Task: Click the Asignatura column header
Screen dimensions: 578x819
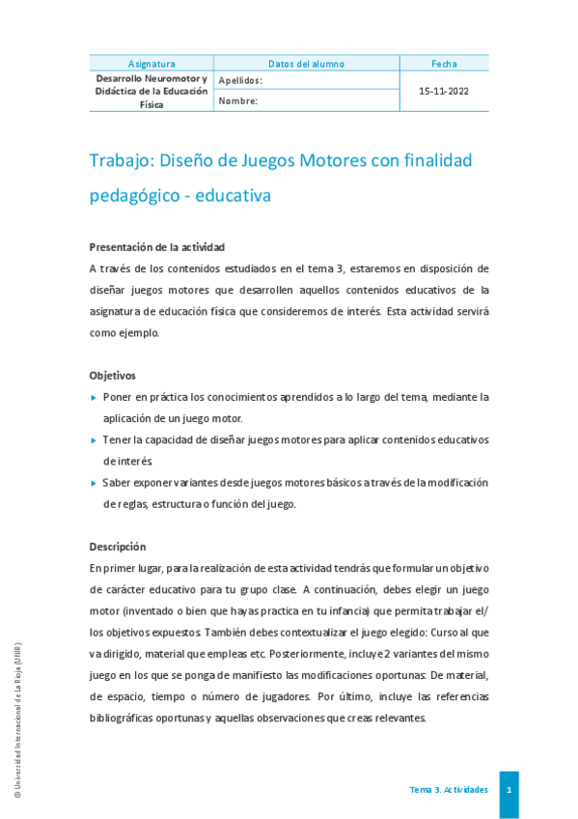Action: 151,64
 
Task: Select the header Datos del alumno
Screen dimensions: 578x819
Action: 307,64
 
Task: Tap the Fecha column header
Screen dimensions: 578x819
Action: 444,64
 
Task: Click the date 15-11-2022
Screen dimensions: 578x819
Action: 444,91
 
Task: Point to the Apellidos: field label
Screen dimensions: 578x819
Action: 240,81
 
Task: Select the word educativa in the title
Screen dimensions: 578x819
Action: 233,195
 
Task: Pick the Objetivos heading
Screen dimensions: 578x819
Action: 113,375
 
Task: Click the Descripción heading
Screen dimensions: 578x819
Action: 118,546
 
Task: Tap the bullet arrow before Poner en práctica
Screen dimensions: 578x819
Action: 93,397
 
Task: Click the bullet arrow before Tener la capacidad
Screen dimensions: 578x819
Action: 93,439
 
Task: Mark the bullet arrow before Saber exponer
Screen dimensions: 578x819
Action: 93,482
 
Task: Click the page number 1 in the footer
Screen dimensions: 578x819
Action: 509,790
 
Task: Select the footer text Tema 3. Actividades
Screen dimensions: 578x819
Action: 449,790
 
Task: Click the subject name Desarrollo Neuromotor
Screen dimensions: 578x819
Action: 151,77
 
